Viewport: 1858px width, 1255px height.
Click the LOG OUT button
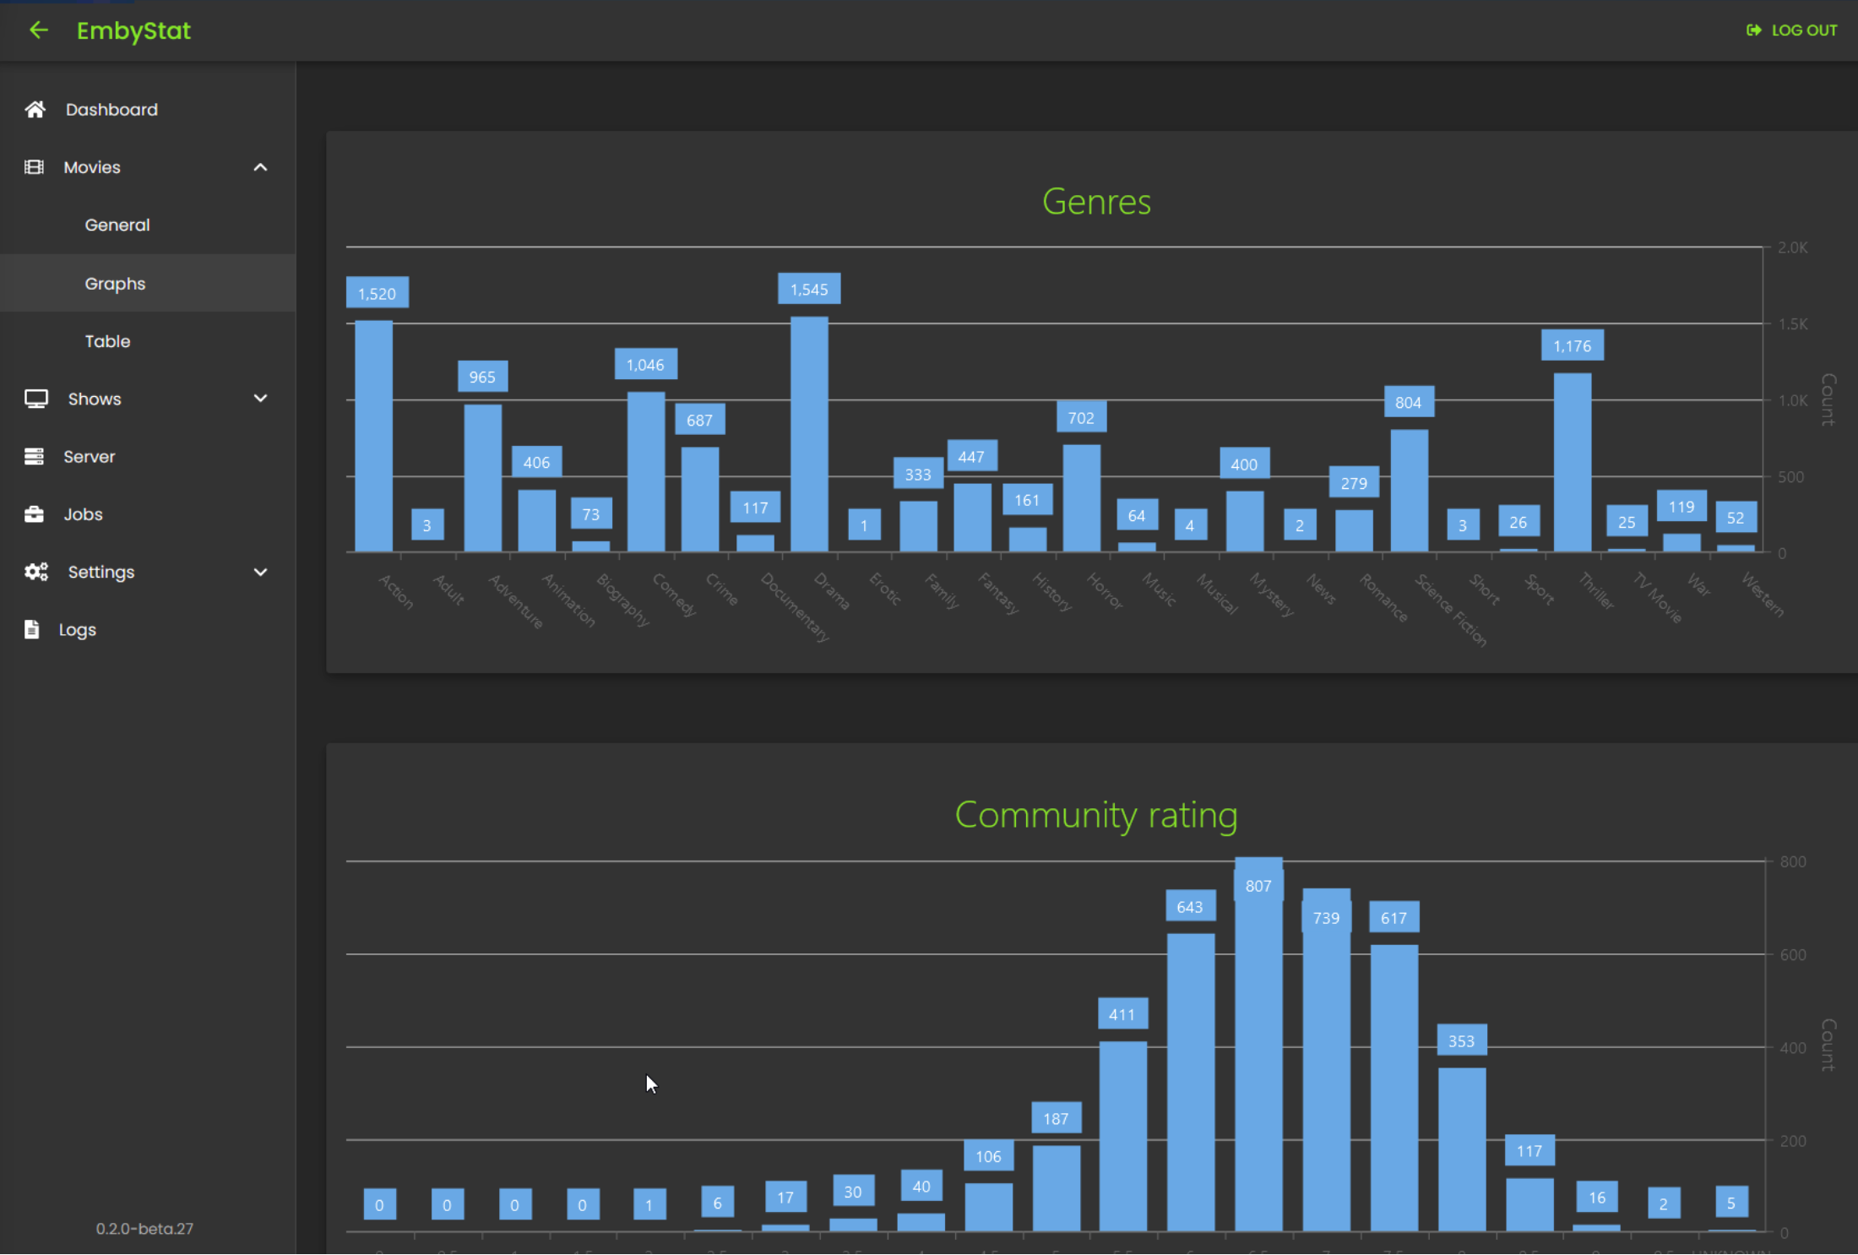pos(1792,30)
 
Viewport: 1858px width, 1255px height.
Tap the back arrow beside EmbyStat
pos(39,30)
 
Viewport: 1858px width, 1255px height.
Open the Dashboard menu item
pos(111,110)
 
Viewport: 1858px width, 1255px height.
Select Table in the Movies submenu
pos(107,341)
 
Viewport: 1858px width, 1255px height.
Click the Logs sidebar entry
pos(77,630)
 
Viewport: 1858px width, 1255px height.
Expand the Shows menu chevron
pos(260,399)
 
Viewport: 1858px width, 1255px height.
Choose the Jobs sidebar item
pos(83,514)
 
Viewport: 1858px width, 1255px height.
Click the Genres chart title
pos(1096,202)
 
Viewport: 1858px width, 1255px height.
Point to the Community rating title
pos(1096,815)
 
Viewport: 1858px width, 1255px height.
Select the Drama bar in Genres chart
pos(809,435)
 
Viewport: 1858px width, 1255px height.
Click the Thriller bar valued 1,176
pos(1573,463)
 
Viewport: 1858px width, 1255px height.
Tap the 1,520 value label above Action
pos(377,293)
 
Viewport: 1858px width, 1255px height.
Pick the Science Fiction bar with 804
pos(1409,491)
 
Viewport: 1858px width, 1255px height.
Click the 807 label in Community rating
pos(1258,886)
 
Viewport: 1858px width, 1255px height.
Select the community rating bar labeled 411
pos(1122,1136)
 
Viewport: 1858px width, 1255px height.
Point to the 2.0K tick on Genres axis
pos(1792,247)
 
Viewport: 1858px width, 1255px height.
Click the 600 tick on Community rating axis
pos(1792,955)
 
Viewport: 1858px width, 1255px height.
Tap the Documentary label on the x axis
pos(796,607)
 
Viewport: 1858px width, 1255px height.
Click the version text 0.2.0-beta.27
pos(144,1229)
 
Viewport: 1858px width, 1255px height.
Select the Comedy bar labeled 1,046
pos(646,471)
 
